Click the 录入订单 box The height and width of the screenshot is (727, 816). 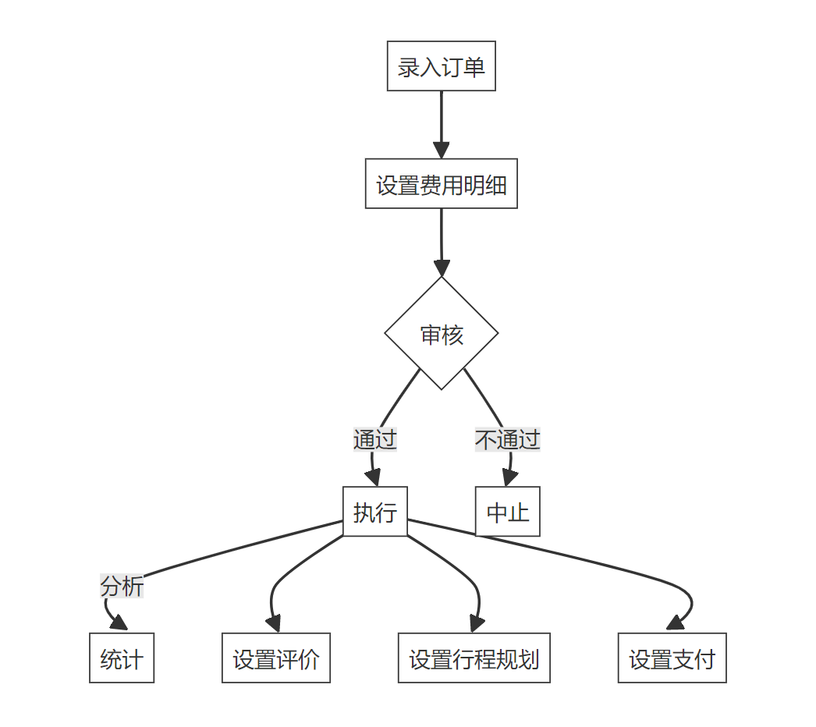tap(442, 66)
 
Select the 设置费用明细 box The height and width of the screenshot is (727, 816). tap(442, 184)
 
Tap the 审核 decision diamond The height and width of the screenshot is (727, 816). tap(442, 334)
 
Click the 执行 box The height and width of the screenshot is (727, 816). tap(375, 512)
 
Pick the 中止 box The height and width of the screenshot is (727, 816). tap(508, 512)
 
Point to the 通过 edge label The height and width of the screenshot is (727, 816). tap(375, 439)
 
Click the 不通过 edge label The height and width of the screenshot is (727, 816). tap(508, 439)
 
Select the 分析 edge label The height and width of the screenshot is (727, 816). tap(122, 586)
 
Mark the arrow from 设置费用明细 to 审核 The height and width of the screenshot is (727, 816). tap(442, 242)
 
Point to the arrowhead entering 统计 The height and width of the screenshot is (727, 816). tap(119, 623)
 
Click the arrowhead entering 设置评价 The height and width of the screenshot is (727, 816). tap(273, 623)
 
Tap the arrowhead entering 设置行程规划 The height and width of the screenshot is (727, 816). tap(476, 623)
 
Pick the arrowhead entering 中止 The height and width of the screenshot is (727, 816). tap(509, 479)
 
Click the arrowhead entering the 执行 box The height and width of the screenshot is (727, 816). tap(374, 479)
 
